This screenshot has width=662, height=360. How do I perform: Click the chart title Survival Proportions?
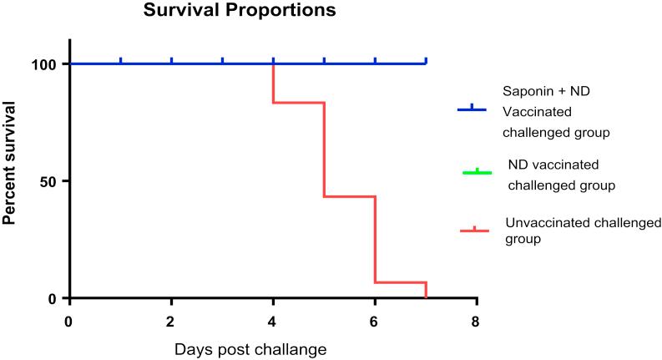[216, 12]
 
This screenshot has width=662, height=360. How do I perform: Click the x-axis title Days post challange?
[250, 347]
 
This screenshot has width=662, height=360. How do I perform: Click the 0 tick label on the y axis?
[53, 298]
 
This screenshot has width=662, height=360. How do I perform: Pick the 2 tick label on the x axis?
[171, 321]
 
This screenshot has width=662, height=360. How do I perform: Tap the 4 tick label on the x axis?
[273, 321]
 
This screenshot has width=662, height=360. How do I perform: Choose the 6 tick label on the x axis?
[375, 321]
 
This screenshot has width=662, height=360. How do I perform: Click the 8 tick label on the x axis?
[477, 321]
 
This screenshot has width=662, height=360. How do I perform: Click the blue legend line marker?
[472, 109]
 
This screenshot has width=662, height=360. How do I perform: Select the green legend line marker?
[477, 173]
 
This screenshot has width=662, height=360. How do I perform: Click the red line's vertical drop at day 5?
[324, 150]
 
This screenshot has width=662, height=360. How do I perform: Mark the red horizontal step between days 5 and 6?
[349, 196]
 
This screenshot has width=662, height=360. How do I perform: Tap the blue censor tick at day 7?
[426, 60]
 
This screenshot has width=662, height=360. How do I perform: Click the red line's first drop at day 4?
[273, 84]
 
